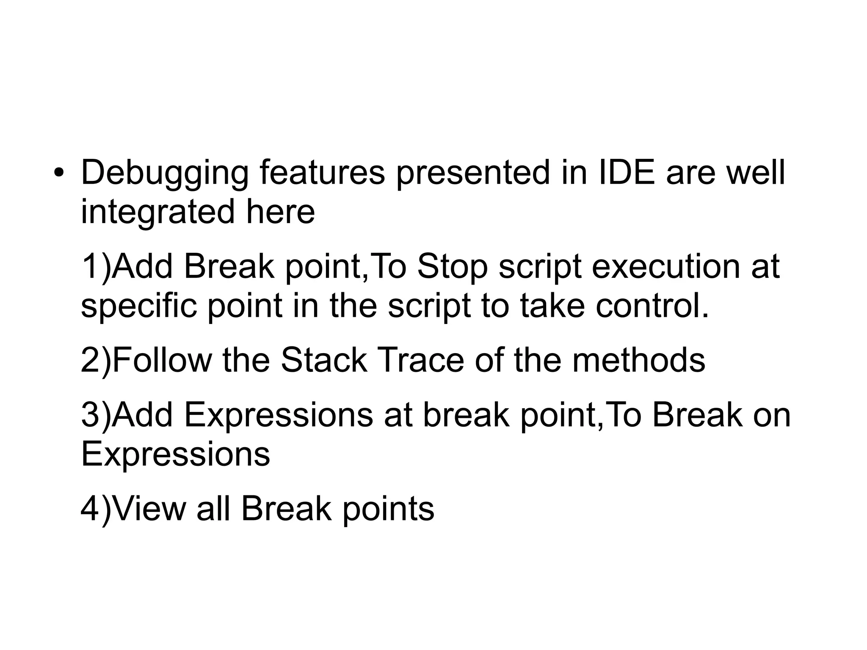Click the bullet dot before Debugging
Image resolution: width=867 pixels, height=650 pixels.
[59, 173]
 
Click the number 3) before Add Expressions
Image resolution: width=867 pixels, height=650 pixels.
[96, 415]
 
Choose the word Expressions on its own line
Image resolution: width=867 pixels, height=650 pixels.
[175, 454]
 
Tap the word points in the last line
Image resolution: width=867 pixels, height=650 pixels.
[388, 509]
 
